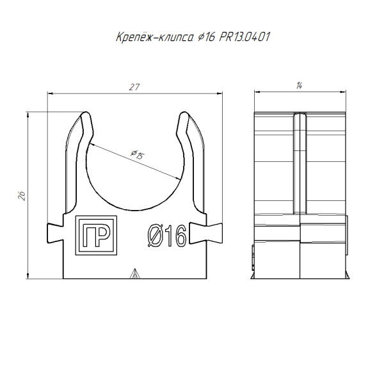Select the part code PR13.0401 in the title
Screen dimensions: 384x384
(244, 37)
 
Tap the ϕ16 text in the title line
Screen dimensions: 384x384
(204, 37)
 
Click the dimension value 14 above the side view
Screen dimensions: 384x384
(300, 86)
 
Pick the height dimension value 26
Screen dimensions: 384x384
(21, 196)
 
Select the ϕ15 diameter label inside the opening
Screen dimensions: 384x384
(136, 155)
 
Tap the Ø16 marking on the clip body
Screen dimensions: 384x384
(166, 237)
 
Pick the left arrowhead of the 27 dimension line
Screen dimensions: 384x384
(51, 93)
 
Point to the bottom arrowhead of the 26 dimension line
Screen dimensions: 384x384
(28, 276)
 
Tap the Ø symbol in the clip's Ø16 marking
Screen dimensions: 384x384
(154, 237)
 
